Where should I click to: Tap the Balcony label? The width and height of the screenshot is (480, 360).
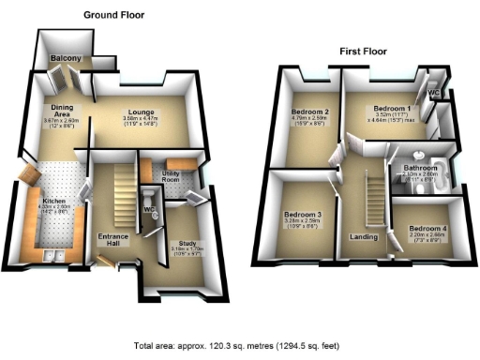(x=66, y=60)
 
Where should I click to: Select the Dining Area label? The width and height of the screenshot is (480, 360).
(x=62, y=112)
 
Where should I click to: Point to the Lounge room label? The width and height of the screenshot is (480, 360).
(x=142, y=112)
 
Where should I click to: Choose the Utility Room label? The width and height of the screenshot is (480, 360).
(x=171, y=174)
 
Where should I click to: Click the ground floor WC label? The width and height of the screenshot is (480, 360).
(x=149, y=209)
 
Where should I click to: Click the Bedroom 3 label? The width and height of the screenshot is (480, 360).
(x=302, y=215)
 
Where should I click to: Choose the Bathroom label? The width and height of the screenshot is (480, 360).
(x=418, y=167)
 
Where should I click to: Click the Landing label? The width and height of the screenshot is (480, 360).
(x=364, y=237)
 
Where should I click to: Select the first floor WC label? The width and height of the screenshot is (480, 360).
(x=433, y=94)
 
